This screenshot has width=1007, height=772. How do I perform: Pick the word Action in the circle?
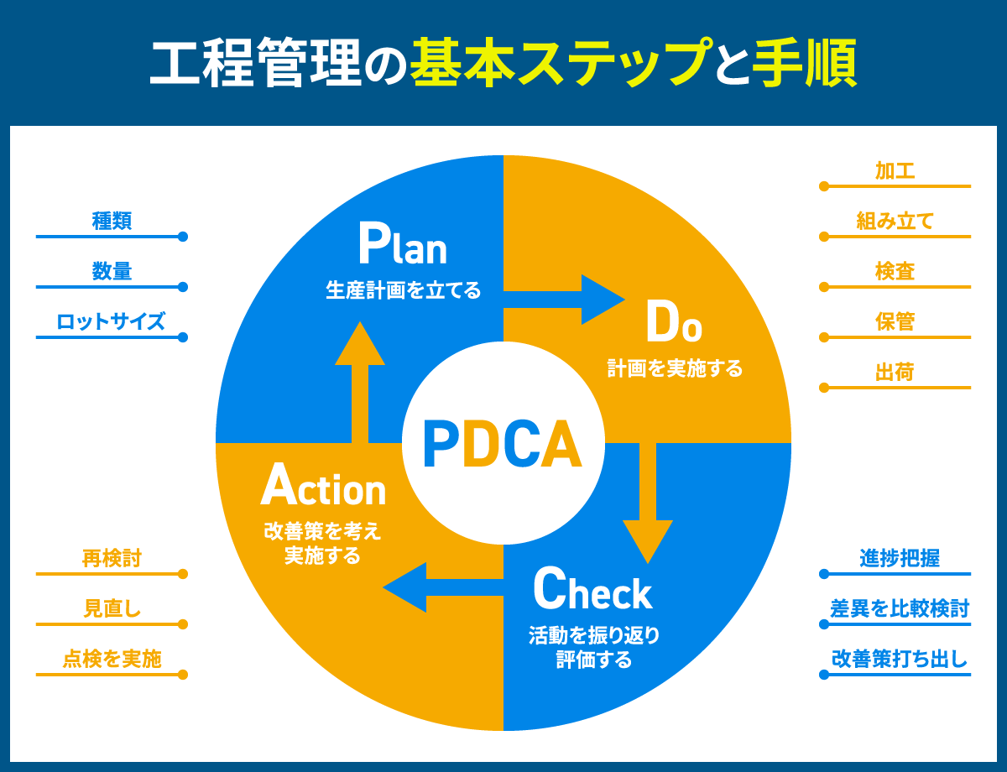[323, 486]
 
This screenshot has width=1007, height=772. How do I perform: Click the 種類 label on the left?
[112, 222]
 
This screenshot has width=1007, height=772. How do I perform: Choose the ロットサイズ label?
[112, 321]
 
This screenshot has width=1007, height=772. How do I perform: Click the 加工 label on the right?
[895, 171]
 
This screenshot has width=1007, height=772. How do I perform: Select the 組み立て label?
[895, 222]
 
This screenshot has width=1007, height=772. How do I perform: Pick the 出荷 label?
[895, 373]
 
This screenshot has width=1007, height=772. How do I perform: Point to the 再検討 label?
[112, 559]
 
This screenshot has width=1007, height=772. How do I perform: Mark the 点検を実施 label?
[112, 659]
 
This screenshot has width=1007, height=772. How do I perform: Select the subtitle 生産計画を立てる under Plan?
[403, 291]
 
